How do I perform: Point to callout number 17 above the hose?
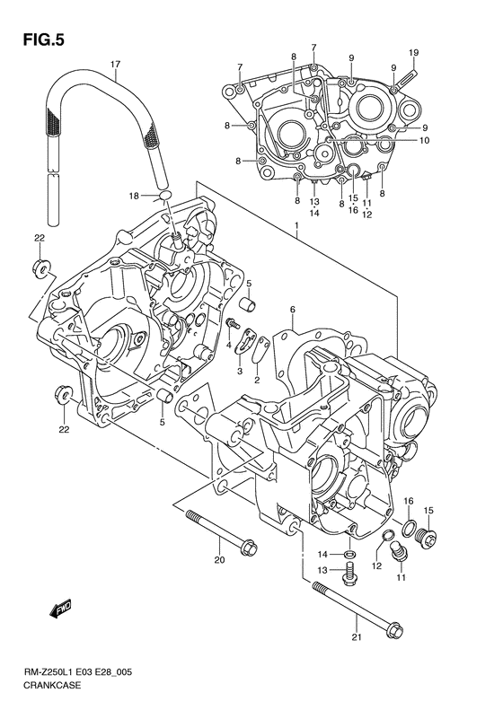(x=115, y=65)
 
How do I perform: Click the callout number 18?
(x=134, y=195)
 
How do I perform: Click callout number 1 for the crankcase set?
(x=296, y=231)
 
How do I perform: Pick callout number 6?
(x=292, y=310)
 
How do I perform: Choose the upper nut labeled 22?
(x=41, y=267)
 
